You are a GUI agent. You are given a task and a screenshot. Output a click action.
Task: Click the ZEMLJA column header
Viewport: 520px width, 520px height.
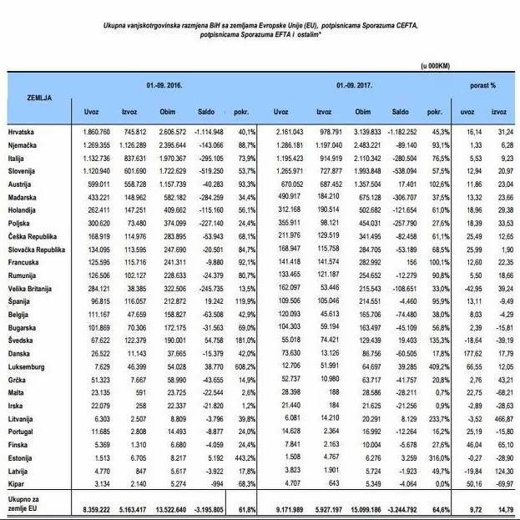27,98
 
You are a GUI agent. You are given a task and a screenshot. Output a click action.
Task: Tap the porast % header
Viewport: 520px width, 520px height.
482,86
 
